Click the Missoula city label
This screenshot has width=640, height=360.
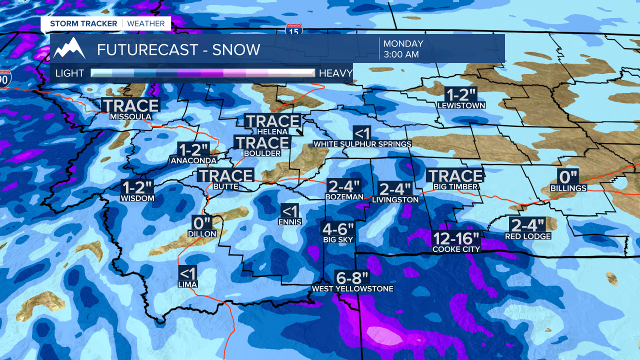[x=130, y=116]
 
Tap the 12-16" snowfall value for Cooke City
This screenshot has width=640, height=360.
[x=456, y=237]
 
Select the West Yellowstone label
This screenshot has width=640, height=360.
[x=352, y=288]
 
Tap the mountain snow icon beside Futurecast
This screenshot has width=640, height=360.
[x=69, y=48]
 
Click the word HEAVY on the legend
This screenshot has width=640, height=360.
[x=335, y=73]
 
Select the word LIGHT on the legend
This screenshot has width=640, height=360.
[x=69, y=73]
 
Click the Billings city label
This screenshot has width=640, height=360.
[x=568, y=188]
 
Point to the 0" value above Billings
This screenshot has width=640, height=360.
[x=568, y=176]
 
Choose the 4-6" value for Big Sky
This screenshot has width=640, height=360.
[x=337, y=229]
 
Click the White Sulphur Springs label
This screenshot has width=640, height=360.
[x=362, y=144]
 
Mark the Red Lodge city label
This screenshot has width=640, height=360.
[x=528, y=236]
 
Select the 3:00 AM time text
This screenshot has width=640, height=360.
[x=401, y=54]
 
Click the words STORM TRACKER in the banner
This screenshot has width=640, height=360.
[x=83, y=23]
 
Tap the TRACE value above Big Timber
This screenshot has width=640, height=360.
[x=454, y=176]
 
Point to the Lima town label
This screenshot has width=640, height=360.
[x=187, y=284]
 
